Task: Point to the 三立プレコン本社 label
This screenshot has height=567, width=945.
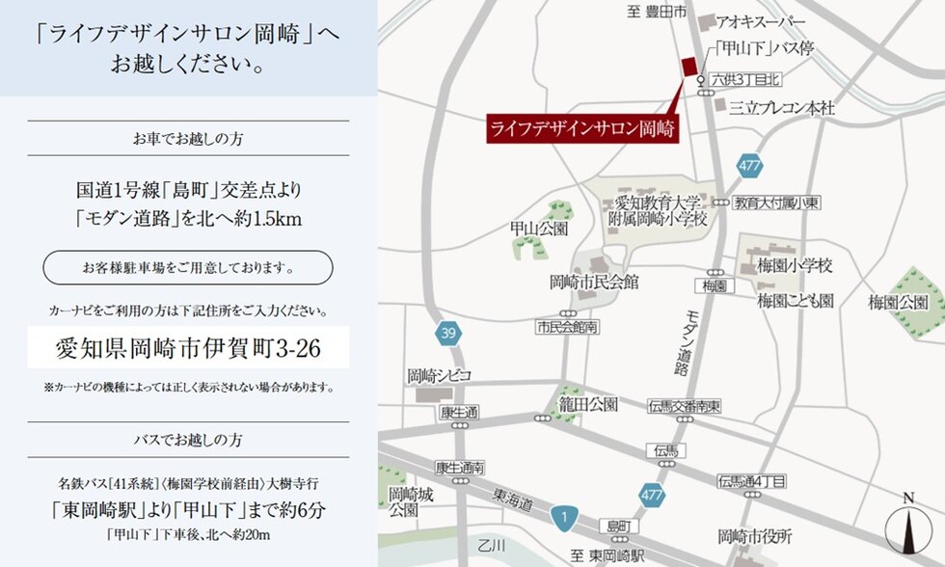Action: pos(781,107)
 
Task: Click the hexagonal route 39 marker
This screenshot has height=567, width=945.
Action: pos(446,334)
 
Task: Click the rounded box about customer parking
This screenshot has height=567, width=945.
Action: pos(188,266)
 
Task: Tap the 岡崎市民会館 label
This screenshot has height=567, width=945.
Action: pos(593,283)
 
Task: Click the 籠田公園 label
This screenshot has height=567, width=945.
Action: pos(588,403)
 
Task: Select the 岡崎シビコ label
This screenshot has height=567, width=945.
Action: pos(437,375)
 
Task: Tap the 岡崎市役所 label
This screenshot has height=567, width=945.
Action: pos(755,535)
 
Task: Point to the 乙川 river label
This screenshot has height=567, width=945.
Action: pos(492,546)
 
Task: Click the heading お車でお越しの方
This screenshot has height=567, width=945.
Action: pos(188,139)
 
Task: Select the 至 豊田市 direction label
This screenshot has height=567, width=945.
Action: pos(656,12)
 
